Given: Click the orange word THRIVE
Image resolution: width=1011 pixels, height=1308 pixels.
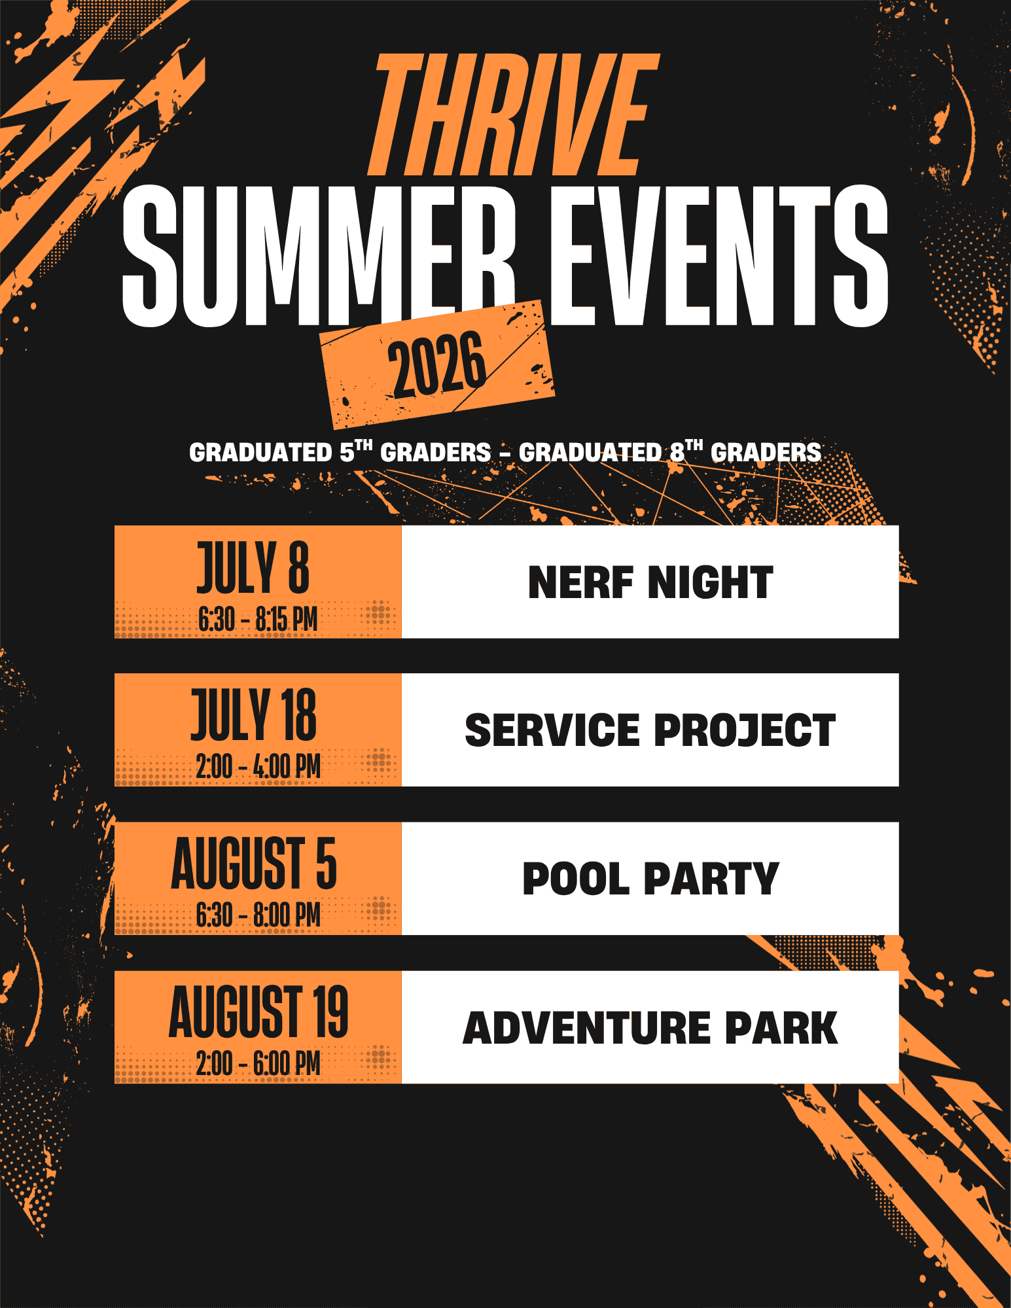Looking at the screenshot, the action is click(x=513, y=115).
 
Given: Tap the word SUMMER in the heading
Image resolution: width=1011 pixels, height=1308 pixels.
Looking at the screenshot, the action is click(x=319, y=256).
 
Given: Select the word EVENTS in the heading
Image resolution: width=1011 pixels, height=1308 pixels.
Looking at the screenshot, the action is click(x=718, y=256).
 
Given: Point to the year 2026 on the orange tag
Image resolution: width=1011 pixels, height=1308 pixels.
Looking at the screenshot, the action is click(x=437, y=364).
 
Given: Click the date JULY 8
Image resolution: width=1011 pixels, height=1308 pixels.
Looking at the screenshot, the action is click(x=253, y=568).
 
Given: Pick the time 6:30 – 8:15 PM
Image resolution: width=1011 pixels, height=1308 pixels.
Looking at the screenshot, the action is click(x=258, y=619).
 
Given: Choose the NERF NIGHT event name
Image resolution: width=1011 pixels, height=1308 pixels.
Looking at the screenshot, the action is click(x=650, y=582).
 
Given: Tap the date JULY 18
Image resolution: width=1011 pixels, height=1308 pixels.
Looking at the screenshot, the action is click(x=253, y=715).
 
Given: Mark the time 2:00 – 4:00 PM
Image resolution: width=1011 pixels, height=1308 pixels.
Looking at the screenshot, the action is click(x=258, y=766).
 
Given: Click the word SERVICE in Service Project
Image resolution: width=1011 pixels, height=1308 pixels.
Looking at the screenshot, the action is click(x=552, y=730).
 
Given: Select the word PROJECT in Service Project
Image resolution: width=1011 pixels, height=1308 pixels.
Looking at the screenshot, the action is click(x=745, y=730).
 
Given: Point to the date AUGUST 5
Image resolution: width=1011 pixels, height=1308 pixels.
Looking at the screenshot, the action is click(x=254, y=864).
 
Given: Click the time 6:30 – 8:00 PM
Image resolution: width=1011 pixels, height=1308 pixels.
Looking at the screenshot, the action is click(x=258, y=915).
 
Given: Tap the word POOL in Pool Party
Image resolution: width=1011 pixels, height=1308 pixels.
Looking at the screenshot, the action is click(x=576, y=879).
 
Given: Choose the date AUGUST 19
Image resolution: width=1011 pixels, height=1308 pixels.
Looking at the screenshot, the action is click(x=258, y=1012).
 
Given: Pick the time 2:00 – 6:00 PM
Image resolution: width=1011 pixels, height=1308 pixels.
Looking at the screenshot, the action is click(x=258, y=1063).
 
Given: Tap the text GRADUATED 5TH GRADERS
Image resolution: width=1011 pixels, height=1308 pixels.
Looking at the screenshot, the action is click(x=340, y=451).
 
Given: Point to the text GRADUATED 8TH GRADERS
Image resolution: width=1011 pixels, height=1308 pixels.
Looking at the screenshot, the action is click(x=670, y=451).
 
